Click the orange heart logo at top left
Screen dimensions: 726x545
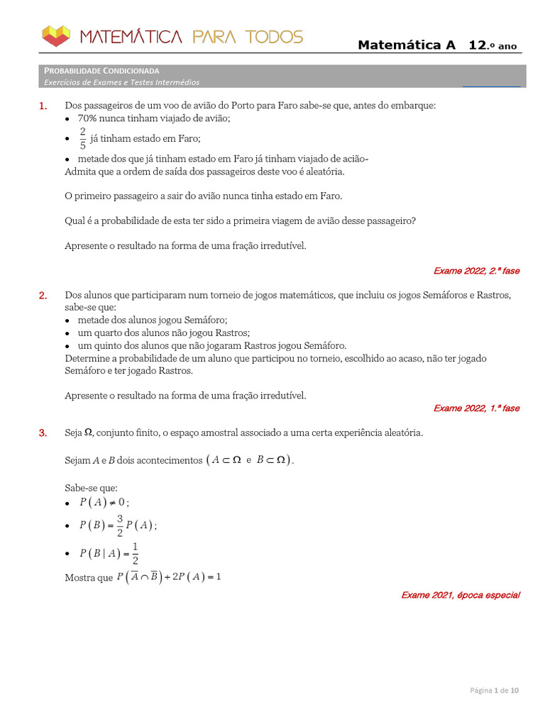click(x=57, y=35)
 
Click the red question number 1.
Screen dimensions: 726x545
click(x=43, y=106)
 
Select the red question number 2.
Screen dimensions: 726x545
click(x=43, y=295)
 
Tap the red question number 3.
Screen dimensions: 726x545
click(x=43, y=432)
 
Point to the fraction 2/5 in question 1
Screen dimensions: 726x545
click(x=82, y=139)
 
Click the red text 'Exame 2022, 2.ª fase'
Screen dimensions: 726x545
click(x=476, y=271)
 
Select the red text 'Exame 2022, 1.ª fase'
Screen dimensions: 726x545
click(x=476, y=408)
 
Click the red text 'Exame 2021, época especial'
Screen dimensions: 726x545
click(x=460, y=595)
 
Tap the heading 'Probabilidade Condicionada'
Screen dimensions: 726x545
click(x=101, y=71)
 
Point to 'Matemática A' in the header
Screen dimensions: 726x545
click(x=407, y=45)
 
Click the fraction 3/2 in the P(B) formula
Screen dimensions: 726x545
click(x=120, y=525)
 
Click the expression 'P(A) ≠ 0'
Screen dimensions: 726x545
click(x=101, y=503)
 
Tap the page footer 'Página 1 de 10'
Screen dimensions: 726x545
click(x=495, y=690)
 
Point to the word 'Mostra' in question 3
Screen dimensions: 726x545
click(x=79, y=578)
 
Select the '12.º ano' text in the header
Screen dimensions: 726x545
click(x=492, y=45)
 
